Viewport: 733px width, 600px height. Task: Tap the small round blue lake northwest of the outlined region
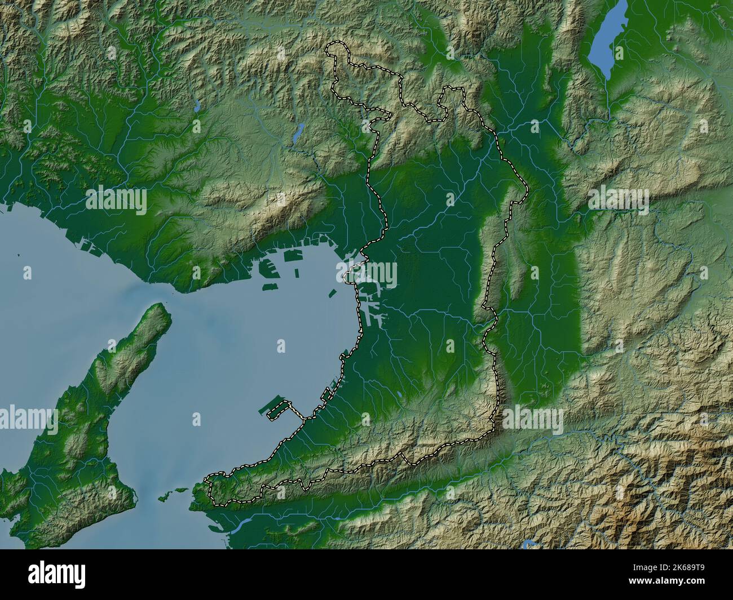pos(196,105)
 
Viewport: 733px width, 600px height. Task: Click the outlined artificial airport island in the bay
pos(277,410)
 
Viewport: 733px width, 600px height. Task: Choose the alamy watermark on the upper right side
pos(619,200)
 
